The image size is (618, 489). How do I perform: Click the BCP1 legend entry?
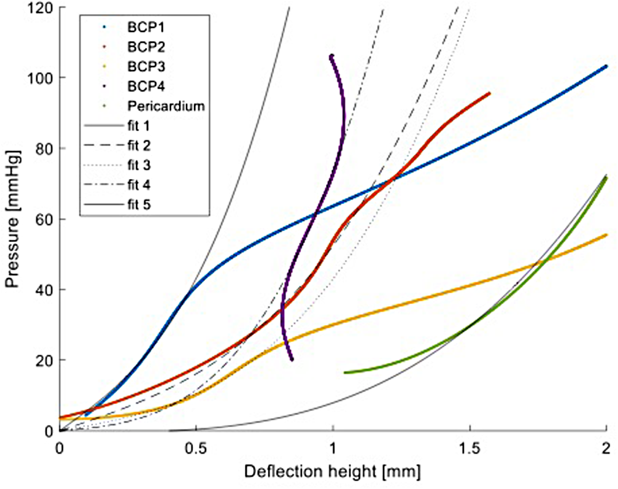(146, 28)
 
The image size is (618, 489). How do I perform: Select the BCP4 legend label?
(146, 87)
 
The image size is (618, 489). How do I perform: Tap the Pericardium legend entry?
(165, 106)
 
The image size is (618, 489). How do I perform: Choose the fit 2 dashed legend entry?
(139, 146)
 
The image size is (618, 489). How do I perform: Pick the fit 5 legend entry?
(139, 205)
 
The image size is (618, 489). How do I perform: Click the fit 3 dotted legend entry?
(139, 166)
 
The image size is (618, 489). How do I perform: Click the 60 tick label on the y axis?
(44, 219)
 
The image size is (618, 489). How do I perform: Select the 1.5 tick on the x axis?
(469, 449)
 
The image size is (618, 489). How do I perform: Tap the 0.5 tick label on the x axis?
(196, 449)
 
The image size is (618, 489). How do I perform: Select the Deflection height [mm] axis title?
(332, 472)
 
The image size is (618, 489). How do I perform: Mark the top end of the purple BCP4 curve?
(331, 56)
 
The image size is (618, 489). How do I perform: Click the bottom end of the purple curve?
(292, 359)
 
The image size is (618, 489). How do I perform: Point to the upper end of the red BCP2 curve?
(489, 93)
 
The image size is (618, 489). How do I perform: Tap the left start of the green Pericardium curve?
(345, 373)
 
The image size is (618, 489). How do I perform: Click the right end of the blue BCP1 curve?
(606, 66)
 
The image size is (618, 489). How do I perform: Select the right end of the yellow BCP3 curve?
(606, 236)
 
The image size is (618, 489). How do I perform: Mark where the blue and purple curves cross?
(315, 213)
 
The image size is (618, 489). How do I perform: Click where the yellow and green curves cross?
(541, 262)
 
